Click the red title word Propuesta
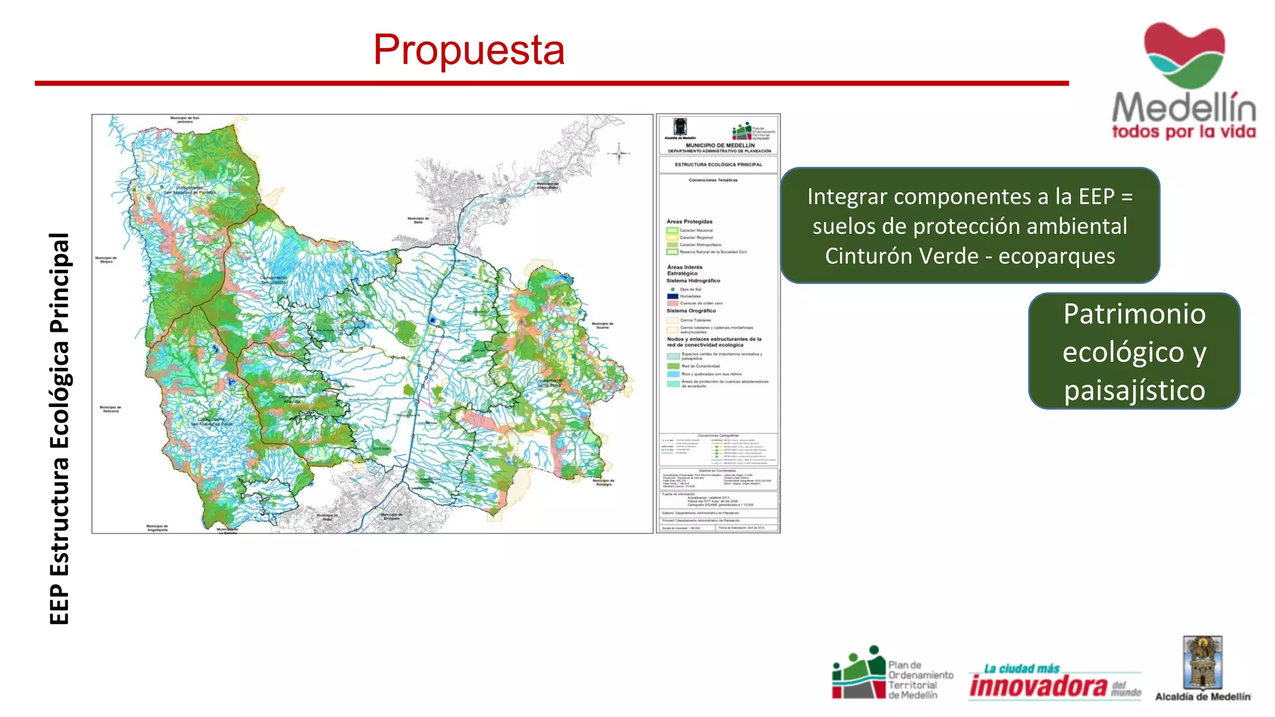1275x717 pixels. [469, 50]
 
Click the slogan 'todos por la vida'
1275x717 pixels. [1183, 132]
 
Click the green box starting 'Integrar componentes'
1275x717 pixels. [969, 226]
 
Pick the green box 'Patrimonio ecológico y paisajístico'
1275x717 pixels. [1134, 352]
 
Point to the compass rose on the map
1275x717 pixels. [619, 152]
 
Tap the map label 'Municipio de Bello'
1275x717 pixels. [418, 220]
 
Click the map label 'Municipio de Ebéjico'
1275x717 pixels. [106, 260]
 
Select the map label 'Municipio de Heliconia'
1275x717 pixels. [111, 409]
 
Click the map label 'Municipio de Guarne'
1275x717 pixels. [602, 326]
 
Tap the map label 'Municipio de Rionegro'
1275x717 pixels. [603, 482]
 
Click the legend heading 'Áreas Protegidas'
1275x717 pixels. [689, 222]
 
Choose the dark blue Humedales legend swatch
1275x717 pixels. [672, 296]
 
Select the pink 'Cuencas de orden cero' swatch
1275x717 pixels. [672, 303]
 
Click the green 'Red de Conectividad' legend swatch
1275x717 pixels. [673, 366]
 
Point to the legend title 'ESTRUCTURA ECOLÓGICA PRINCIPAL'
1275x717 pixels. [718, 165]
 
